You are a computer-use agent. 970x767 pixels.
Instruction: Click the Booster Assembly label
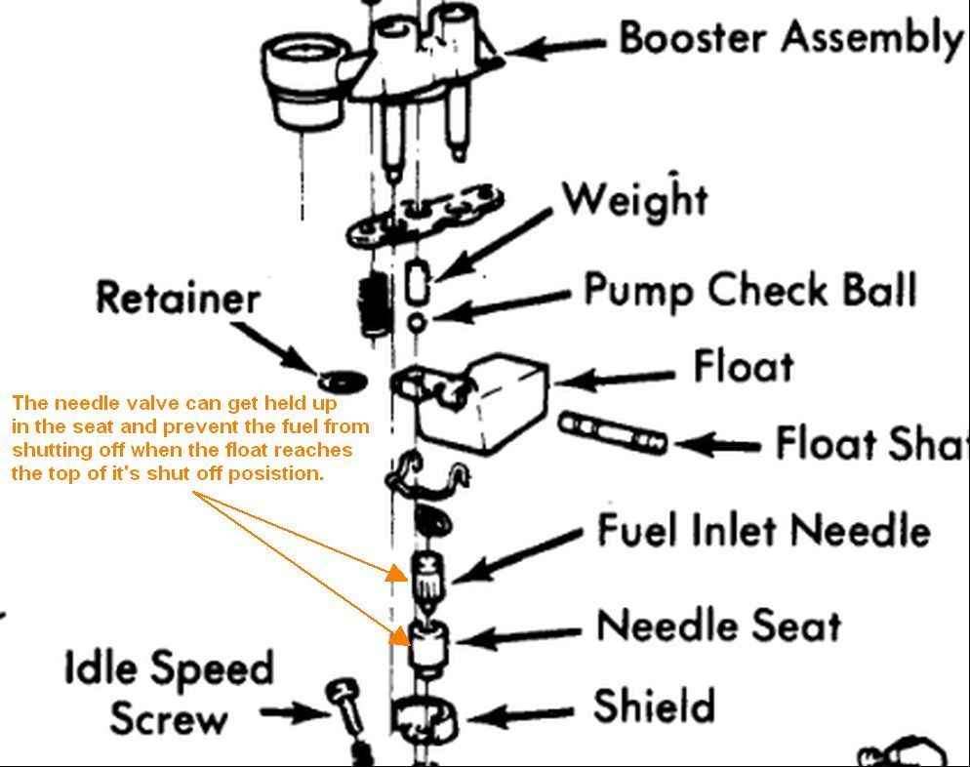pyautogui.click(x=790, y=39)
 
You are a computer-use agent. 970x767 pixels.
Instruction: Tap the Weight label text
pyautogui.click(x=634, y=200)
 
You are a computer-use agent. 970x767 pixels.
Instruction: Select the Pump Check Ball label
pyautogui.click(x=749, y=290)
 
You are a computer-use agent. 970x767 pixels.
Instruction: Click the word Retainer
pyautogui.click(x=178, y=298)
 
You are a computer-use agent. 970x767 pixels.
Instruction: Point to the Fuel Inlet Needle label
pyautogui.click(x=763, y=531)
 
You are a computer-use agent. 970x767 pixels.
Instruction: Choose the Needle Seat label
pyautogui.click(x=718, y=626)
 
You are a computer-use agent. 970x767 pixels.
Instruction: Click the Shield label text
pyautogui.click(x=654, y=706)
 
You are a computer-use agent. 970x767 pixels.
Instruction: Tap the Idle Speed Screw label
pyautogui.click(x=168, y=693)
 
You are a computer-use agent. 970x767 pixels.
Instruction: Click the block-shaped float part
pyautogui.click(x=488, y=400)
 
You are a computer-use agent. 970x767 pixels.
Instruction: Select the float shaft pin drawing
pyautogui.click(x=613, y=433)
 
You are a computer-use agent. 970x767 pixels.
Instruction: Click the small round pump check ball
pyautogui.click(x=418, y=321)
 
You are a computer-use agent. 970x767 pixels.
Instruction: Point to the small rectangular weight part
pyautogui.click(x=418, y=283)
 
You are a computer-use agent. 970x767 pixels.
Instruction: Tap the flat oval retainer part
pyautogui.click(x=342, y=378)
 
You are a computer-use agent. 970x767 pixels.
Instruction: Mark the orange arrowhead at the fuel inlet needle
pyautogui.click(x=396, y=573)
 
